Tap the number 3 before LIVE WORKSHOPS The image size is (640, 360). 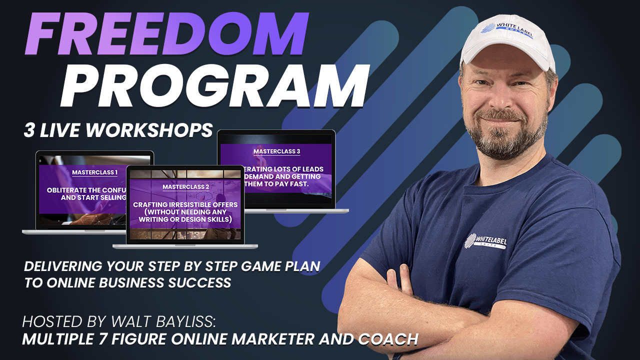(29, 130)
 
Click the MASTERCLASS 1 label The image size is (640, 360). (95, 172)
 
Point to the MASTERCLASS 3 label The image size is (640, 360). (276, 151)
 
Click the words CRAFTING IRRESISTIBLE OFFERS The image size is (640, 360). (185, 205)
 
